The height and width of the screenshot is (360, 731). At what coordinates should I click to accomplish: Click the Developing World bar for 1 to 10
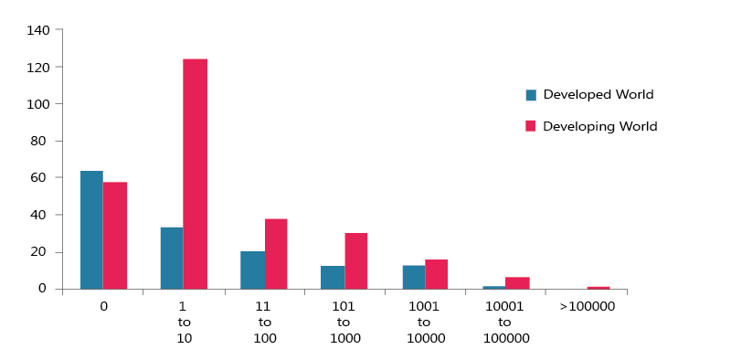tap(195, 174)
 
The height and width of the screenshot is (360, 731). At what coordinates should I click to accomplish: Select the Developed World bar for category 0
tap(91, 230)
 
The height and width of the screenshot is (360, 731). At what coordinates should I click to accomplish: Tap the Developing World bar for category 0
tap(115, 236)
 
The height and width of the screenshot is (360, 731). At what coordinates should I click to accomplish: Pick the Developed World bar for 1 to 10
tap(172, 258)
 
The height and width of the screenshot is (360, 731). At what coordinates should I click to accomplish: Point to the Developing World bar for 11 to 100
tap(276, 254)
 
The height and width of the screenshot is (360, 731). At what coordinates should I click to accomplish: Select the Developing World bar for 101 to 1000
tap(355, 261)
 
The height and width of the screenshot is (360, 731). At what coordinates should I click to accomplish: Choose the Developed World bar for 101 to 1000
tap(333, 278)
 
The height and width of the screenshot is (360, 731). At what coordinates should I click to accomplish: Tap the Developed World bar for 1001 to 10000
tap(413, 278)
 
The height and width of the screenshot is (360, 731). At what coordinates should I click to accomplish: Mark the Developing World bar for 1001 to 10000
tap(436, 274)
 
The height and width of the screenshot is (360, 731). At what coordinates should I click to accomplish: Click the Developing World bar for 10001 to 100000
tap(517, 283)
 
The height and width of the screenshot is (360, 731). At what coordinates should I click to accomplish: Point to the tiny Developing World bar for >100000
tap(599, 288)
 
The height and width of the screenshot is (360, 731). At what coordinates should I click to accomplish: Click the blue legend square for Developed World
tap(531, 95)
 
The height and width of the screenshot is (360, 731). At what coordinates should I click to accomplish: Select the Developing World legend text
tap(599, 126)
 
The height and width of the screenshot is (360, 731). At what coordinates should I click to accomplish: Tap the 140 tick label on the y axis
tap(38, 30)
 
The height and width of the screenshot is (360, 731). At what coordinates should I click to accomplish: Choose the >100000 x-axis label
tap(587, 306)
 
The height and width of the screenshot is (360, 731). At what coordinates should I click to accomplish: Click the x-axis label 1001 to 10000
tap(424, 322)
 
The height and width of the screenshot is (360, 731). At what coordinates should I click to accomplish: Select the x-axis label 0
tap(103, 306)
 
